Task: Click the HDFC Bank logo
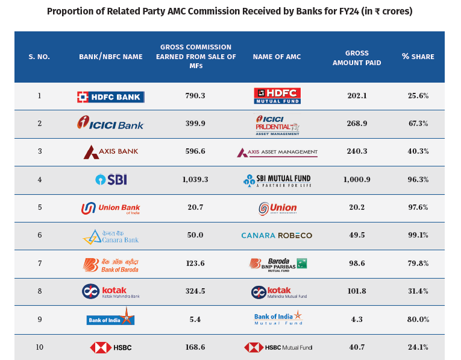[x=111, y=96]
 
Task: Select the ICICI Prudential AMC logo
[x=277, y=124]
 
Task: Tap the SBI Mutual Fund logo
[x=277, y=180]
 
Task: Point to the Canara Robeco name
[x=277, y=235]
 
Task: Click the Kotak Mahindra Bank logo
[x=111, y=292]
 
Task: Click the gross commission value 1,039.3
[x=195, y=180]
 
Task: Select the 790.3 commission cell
[x=195, y=96]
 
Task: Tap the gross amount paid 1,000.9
[x=357, y=180]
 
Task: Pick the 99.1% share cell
[x=418, y=235]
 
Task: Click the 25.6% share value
[x=418, y=96]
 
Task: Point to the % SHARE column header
[x=418, y=57]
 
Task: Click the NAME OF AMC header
[x=277, y=57]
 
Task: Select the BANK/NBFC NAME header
[x=111, y=57]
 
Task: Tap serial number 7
[x=40, y=264]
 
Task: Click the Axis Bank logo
[x=111, y=152]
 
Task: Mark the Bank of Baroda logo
[x=111, y=264]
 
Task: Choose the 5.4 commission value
[x=195, y=319]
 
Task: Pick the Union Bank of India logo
[x=111, y=208]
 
